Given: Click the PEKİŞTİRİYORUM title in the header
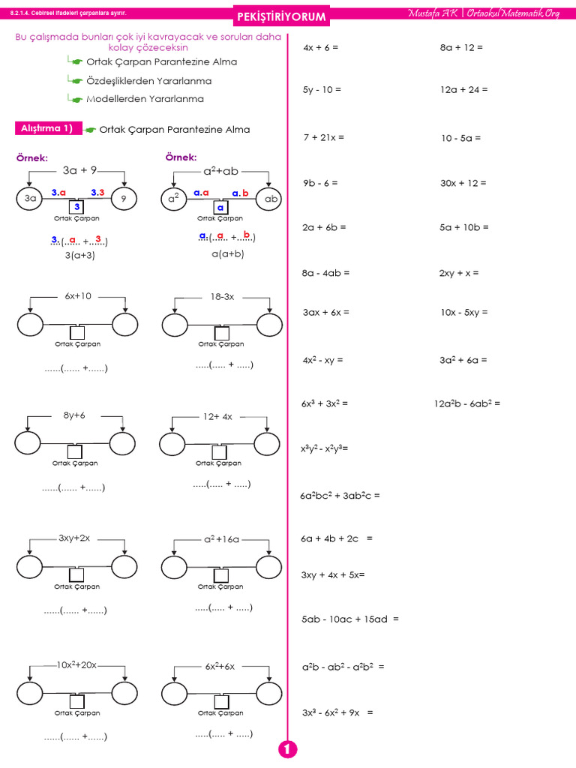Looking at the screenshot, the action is click(281, 16).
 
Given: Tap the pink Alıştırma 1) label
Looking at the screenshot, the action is click(46, 129).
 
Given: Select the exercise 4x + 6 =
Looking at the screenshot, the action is click(321, 47).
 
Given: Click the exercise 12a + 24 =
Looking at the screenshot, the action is click(463, 89).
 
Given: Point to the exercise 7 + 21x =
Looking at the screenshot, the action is click(324, 138).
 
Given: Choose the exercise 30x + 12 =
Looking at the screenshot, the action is click(463, 183).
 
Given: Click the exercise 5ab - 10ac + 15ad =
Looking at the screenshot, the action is click(350, 619).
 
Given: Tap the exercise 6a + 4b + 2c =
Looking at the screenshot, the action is click(337, 538).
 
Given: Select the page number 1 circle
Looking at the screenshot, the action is click(287, 749).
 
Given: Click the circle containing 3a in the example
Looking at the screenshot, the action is click(30, 199).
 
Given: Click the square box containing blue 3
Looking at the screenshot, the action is click(76, 206).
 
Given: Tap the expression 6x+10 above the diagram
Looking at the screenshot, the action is click(78, 296).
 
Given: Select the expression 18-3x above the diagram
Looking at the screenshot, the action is click(222, 297).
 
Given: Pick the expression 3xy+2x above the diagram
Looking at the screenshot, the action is click(74, 538).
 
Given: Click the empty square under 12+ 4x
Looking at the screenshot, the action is click(219, 452).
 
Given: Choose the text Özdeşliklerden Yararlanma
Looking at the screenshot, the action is click(149, 81).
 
